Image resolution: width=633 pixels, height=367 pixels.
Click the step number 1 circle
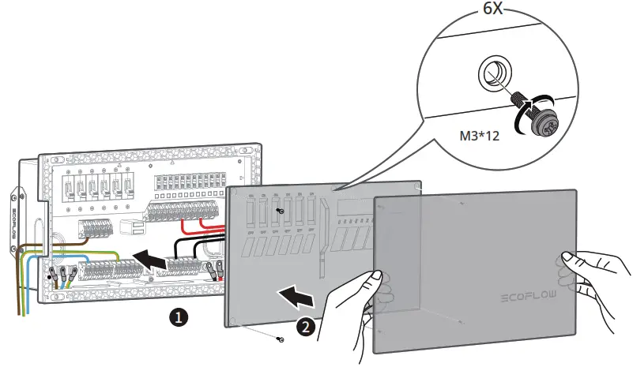[180, 318]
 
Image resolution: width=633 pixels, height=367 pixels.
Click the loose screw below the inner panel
[281, 339]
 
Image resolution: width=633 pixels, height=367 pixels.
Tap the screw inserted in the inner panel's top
[281, 212]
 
